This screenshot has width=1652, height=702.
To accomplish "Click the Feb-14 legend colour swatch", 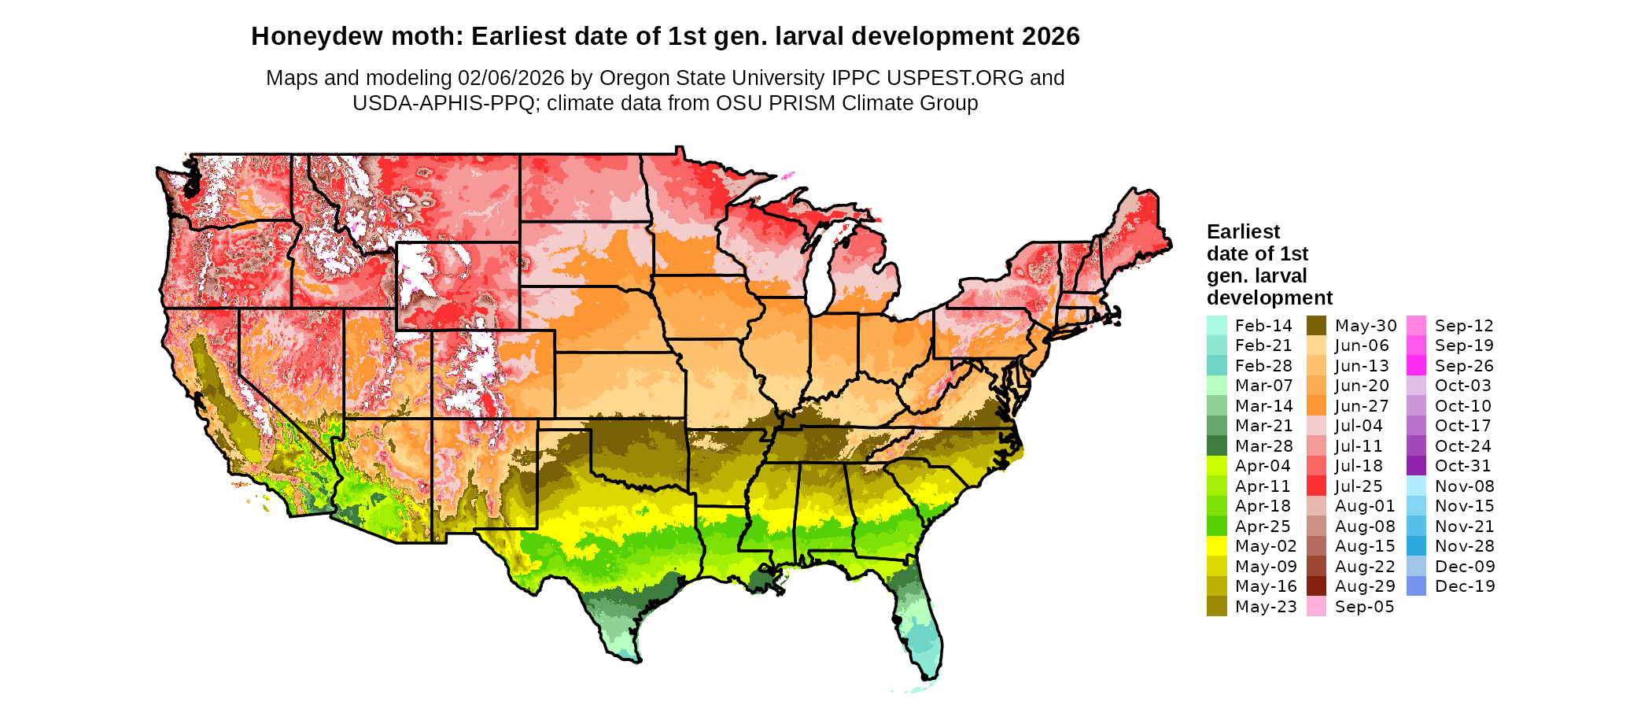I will point(1216,325).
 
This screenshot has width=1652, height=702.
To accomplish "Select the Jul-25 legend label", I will point(1359,486).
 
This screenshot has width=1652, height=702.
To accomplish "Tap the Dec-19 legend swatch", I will point(1416,586).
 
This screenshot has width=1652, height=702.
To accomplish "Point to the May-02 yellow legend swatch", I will point(1216,546).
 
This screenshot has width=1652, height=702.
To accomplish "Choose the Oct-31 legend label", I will point(1463,466).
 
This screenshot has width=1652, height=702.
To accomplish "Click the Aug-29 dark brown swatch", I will point(1316,586).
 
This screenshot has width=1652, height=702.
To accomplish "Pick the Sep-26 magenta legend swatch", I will point(1416,366).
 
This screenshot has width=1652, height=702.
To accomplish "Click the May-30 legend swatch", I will point(1316,325).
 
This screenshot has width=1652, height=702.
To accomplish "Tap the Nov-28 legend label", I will point(1465,546).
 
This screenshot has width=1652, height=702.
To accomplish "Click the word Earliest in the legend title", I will point(1243,232).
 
